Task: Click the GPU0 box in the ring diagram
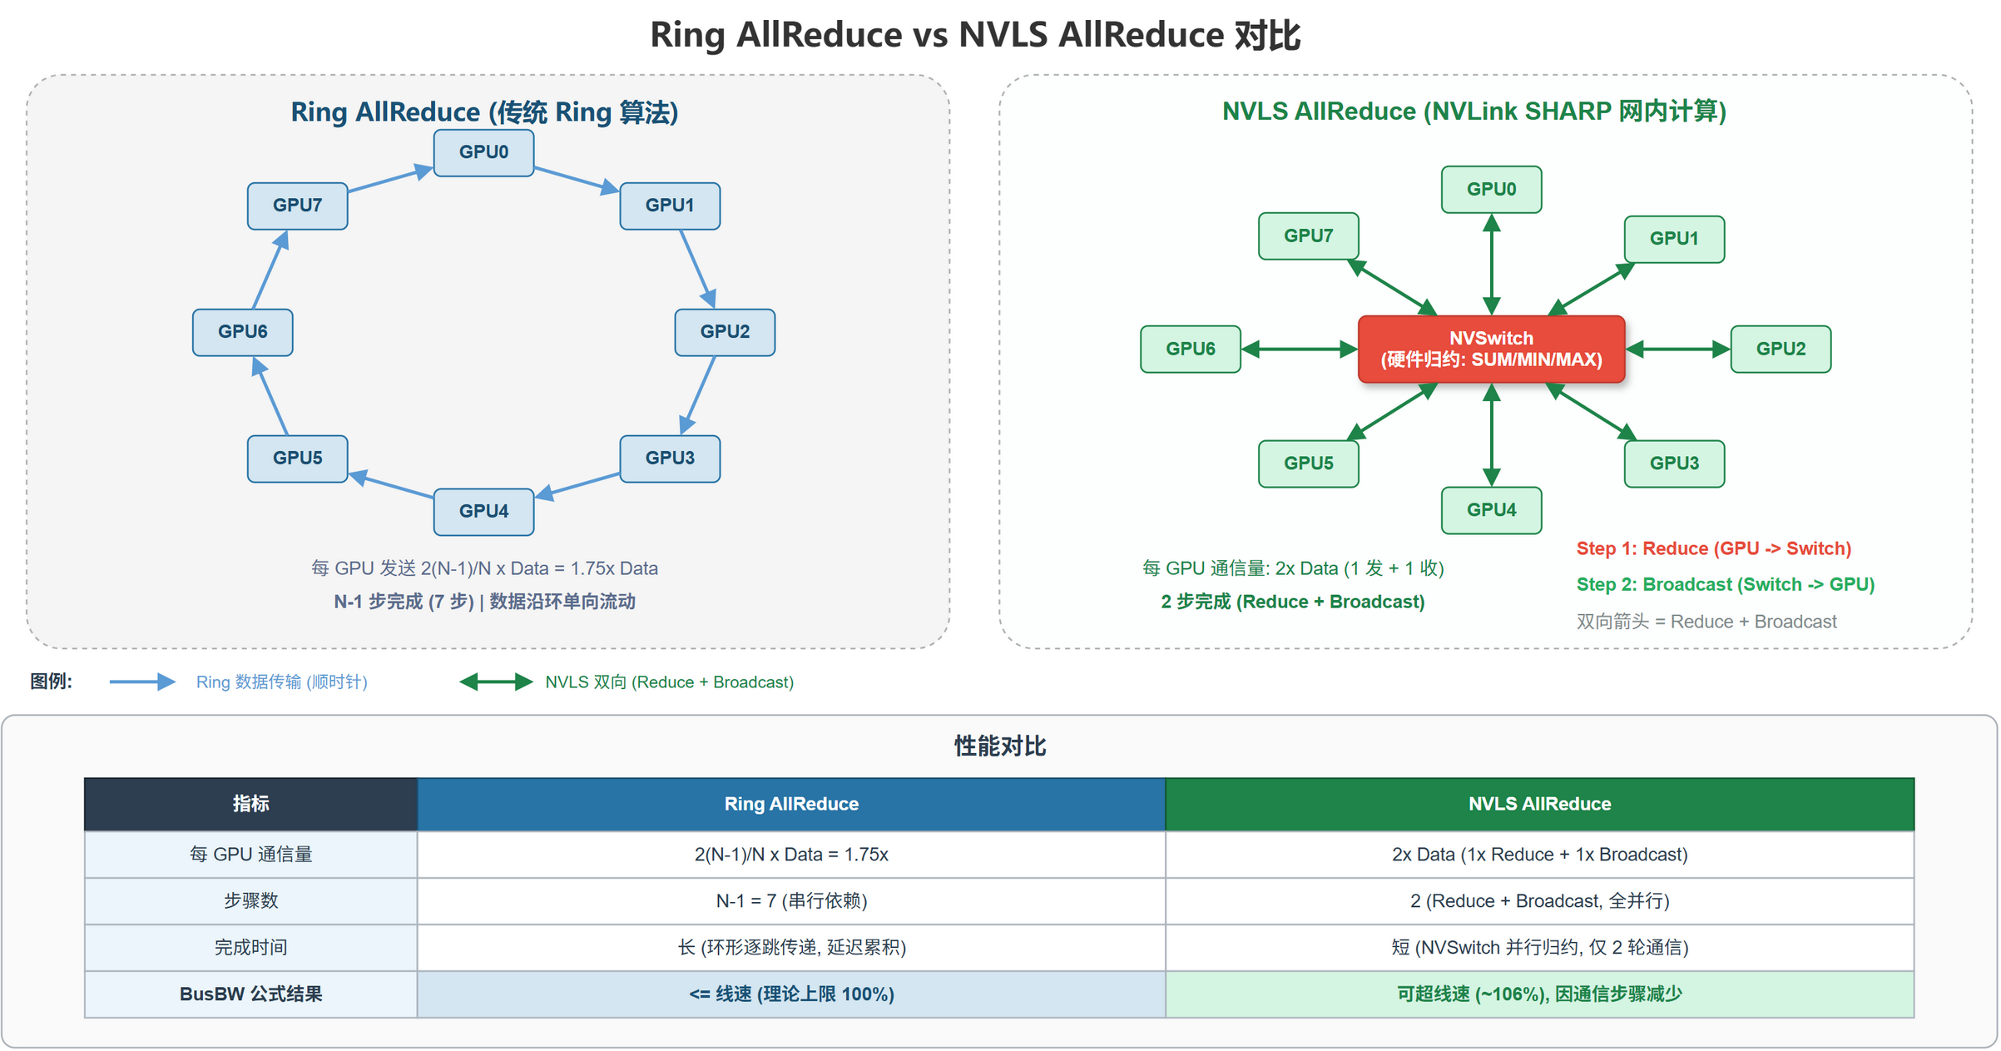tap(483, 152)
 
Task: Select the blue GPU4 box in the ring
tap(483, 511)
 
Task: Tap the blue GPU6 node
tap(242, 332)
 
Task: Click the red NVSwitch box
tap(1490, 349)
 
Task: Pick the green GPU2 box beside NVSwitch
tap(1780, 349)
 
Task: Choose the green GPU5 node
tap(1308, 464)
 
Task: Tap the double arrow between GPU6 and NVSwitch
tap(1299, 350)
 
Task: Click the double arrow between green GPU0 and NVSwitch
tap(1491, 265)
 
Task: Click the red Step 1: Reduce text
tap(1713, 548)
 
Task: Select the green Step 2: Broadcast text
tap(1725, 584)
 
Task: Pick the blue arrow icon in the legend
tap(142, 682)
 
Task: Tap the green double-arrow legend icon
tap(496, 682)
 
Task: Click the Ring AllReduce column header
tap(790, 804)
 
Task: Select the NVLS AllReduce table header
tap(1538, 804)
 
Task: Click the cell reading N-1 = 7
tap(790, 900)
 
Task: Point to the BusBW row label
tap(250, 994)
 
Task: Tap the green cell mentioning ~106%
tap(1538, 994)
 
